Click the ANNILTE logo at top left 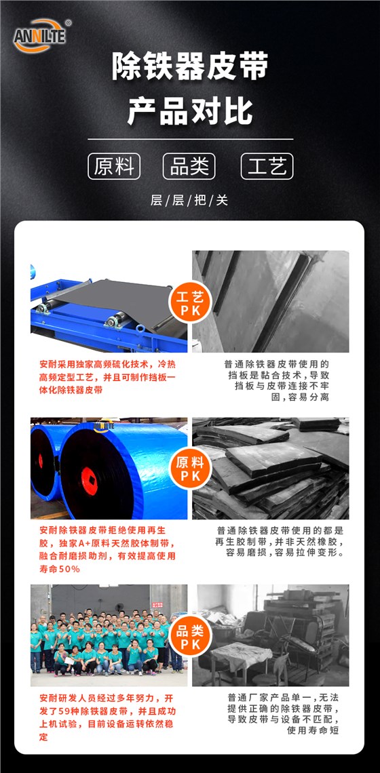coord(41,34)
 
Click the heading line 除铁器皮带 coord(190,68)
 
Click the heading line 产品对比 coord(190,111)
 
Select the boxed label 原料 coord(114,166)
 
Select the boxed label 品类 coord(189,166)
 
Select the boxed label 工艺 coord(267,166)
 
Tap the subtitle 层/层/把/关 coord(189,200)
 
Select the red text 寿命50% coord(60,569)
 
